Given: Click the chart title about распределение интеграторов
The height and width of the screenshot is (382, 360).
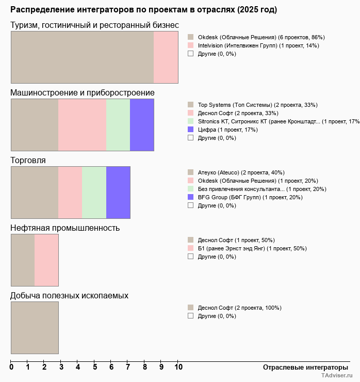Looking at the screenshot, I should click(144, 10).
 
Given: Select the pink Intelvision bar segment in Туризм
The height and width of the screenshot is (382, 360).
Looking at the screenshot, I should click(166, 57).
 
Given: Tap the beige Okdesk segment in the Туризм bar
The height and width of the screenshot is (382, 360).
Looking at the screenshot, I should click(82, 57).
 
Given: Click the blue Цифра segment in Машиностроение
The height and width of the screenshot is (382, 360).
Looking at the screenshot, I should click(142, 125).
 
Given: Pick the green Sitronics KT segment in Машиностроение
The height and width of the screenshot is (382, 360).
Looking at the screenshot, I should click(118, 125).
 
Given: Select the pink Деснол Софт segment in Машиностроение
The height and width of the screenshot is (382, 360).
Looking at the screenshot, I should click(82, 125).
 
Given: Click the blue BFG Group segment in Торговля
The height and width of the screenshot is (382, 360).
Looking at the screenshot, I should click(118, 193).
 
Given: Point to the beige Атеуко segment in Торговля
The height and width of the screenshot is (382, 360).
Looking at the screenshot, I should click(35, 193).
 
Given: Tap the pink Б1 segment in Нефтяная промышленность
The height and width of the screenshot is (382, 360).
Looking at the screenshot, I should click(46, 260).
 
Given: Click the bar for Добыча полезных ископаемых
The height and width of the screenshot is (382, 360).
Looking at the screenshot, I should click(35, 328).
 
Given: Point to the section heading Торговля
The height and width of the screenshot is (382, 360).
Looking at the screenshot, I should click(28, 161).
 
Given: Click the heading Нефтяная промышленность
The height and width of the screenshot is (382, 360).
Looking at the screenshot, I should click(65, 228).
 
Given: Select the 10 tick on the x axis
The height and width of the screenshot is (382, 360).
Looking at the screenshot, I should click(178, 367).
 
